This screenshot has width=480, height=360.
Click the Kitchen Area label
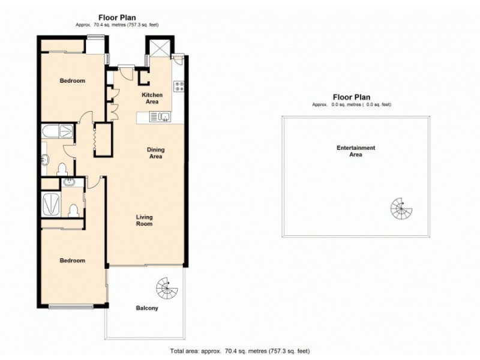click(152, 98)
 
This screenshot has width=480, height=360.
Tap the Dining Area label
click(157, 153)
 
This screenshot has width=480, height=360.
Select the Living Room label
click(144, 220)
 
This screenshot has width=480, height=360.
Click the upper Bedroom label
click(72, 81)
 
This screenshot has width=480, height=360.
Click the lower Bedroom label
click(72, 260)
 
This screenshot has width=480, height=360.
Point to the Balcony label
click(147, 308)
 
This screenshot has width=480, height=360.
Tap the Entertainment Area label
click(356, 151)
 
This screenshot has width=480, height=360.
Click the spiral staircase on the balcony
click(167, 289)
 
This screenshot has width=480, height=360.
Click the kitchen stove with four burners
click(178, 86)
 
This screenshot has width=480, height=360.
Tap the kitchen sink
click(163, 117)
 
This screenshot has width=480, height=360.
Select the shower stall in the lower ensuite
click(51, 204)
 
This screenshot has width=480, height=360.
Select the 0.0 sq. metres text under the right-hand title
click(352, 104)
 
